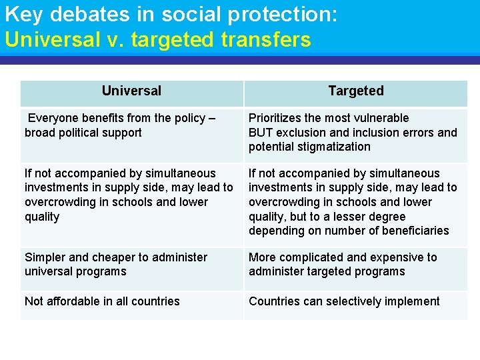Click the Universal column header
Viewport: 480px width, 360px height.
[x=131, y=91]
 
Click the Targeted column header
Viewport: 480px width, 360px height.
[x=356, y=91]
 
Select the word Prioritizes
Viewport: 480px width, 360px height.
[x=275, y=118]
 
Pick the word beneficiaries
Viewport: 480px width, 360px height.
[x=415, y=231]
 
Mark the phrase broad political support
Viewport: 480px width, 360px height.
[x=83, y=133]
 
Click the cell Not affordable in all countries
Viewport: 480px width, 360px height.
[x=102, y=301]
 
